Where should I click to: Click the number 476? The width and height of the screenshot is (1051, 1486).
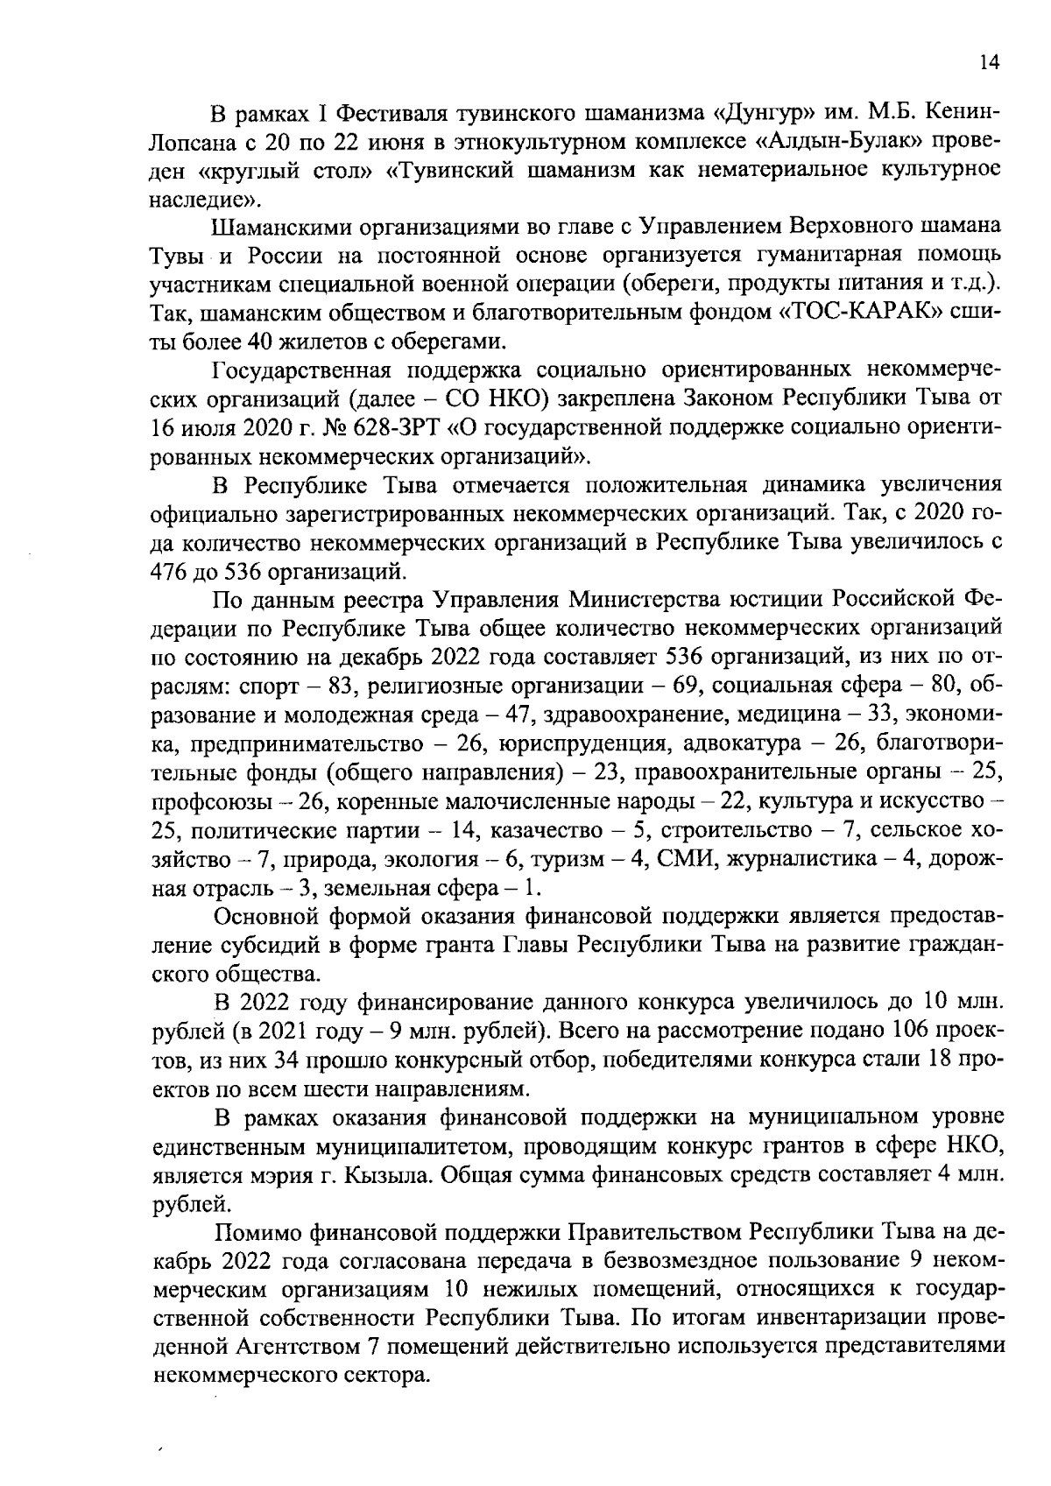tap(173, 571)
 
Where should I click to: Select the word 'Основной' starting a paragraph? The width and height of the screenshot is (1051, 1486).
tap(271, 916)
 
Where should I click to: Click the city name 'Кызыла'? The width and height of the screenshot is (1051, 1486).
tap(396, 1174)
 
